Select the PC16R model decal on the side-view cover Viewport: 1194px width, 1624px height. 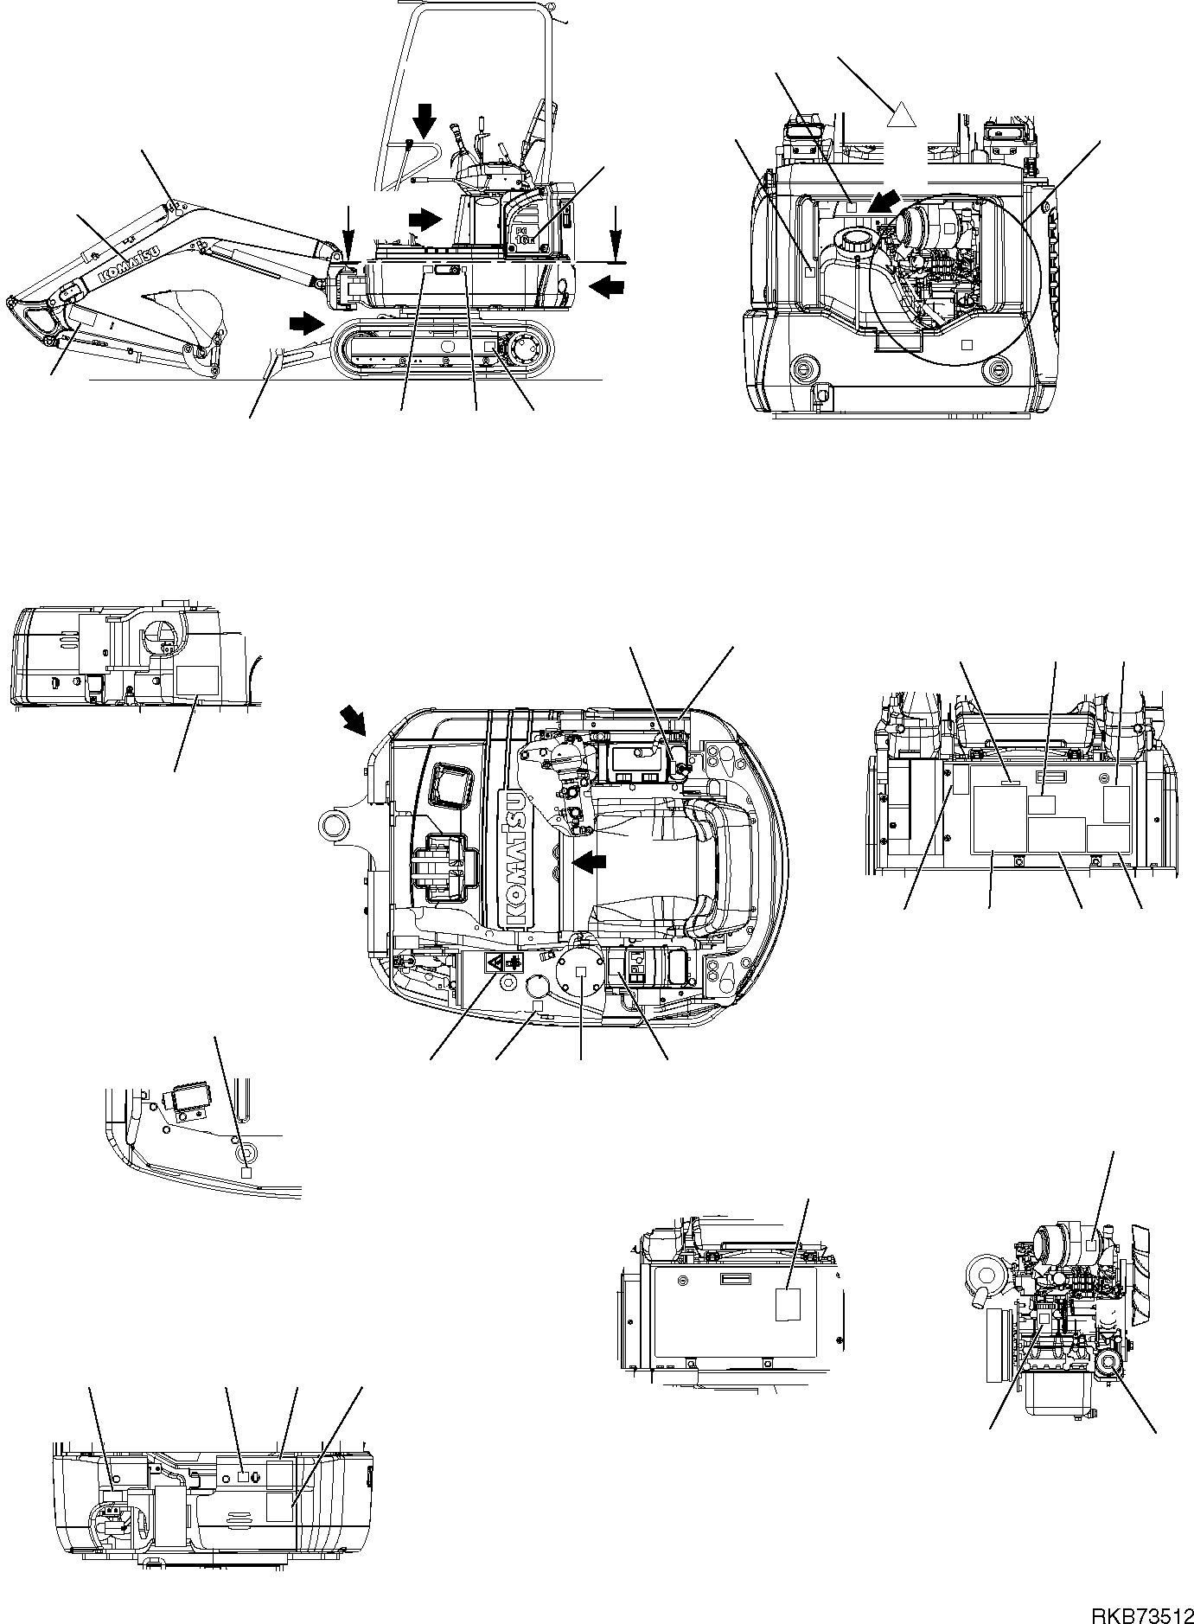coord(526,235)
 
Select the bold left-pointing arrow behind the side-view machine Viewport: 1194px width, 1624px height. coord(607,285)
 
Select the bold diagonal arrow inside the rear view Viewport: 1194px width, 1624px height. coord(885,205)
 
